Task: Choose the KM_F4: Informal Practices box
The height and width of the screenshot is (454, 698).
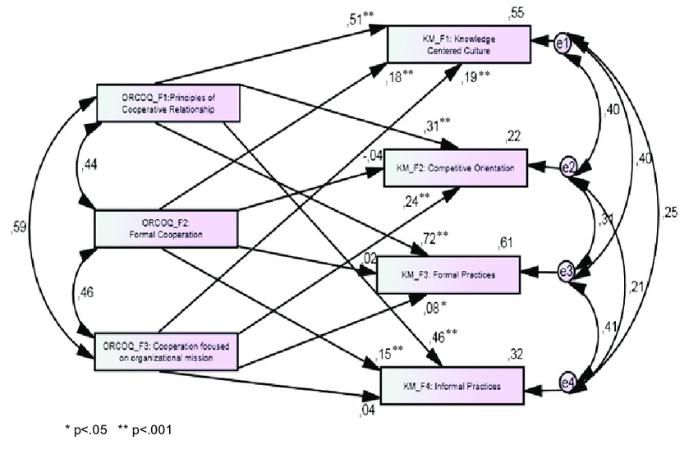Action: pyautogui.click(x=452, y=383)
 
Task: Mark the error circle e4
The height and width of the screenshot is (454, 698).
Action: pyautogui.click(x=567, y=383)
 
